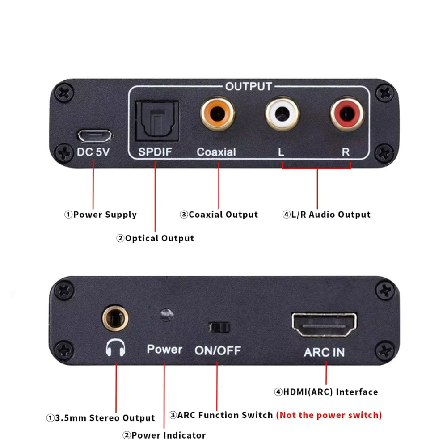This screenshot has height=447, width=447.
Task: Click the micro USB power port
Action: tap(94, 135)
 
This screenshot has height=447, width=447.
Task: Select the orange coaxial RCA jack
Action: tap(218, 115)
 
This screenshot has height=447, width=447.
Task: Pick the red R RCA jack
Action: tap(346, 115)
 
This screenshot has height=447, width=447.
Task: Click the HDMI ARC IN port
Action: tap(325, 325)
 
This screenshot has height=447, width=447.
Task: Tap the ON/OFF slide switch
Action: tap(219, 327)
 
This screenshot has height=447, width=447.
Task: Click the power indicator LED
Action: tap(166, 315)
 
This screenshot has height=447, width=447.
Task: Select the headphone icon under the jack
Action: tap(115, 348)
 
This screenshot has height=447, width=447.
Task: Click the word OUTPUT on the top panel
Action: tap(249, 86)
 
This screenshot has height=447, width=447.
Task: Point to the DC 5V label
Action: tap(93, 152)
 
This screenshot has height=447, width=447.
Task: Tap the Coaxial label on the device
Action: tap(216, 152)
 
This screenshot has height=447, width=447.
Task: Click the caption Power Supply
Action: tap(101, 215)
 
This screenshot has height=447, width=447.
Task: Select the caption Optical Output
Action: tap(155, 238)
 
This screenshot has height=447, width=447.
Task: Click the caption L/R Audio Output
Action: tap(326, 215)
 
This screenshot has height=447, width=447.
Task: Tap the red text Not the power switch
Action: tap(329, 415)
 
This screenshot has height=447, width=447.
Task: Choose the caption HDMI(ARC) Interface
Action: tap(326, 392)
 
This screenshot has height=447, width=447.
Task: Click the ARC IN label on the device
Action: tap(325, 352)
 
